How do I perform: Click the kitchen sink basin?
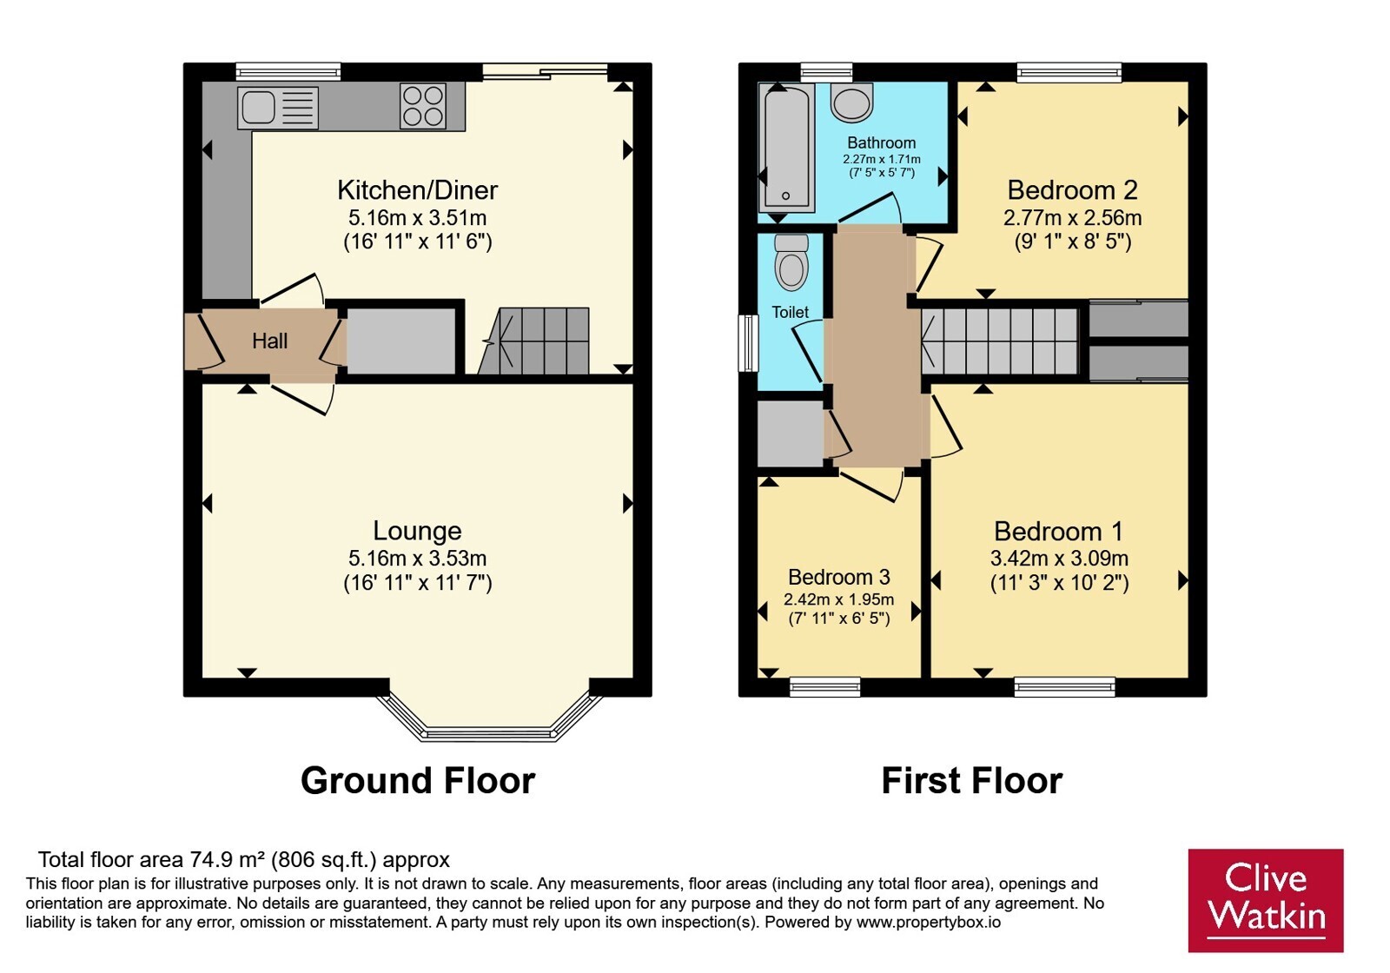click(258, 107)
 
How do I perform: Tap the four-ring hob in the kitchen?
click(422, 106)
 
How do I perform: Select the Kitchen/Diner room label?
click(418, 190)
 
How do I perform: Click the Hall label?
click(270, 341)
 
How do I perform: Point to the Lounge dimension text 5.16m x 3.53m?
click(417, 559)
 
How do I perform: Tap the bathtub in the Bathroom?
click(786, 147)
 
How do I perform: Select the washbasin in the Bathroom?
click(851, 103)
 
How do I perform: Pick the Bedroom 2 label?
click(1072, 190)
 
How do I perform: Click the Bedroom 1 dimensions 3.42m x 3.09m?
click(1059, 559)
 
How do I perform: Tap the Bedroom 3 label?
click(839, 577)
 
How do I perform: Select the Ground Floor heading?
click(418, 781)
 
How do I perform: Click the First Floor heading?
click(972, 781)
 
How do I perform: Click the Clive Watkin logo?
click(1266, 900)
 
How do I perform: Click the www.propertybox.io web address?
click(929, 922)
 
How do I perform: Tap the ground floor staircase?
click(533, 341)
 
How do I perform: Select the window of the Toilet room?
click(748, 343)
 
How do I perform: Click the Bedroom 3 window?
click(824, 687)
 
